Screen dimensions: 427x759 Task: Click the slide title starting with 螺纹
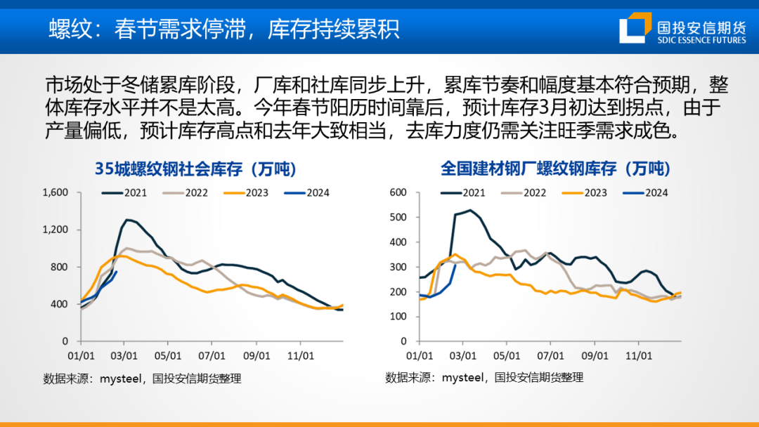pos(224,28)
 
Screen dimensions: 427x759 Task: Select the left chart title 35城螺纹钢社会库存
pos(195,169)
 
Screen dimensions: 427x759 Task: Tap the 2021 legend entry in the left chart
pos(125,192)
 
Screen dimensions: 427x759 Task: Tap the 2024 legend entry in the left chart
pos(307,192)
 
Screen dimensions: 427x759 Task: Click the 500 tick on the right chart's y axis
pos(398,217)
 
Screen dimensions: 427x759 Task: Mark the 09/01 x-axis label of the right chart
pos(595,356)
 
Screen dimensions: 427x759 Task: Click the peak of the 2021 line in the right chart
pos(469,210)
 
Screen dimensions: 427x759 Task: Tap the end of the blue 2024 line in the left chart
pos(116,272)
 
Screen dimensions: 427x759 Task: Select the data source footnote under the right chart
pos(484,377)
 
